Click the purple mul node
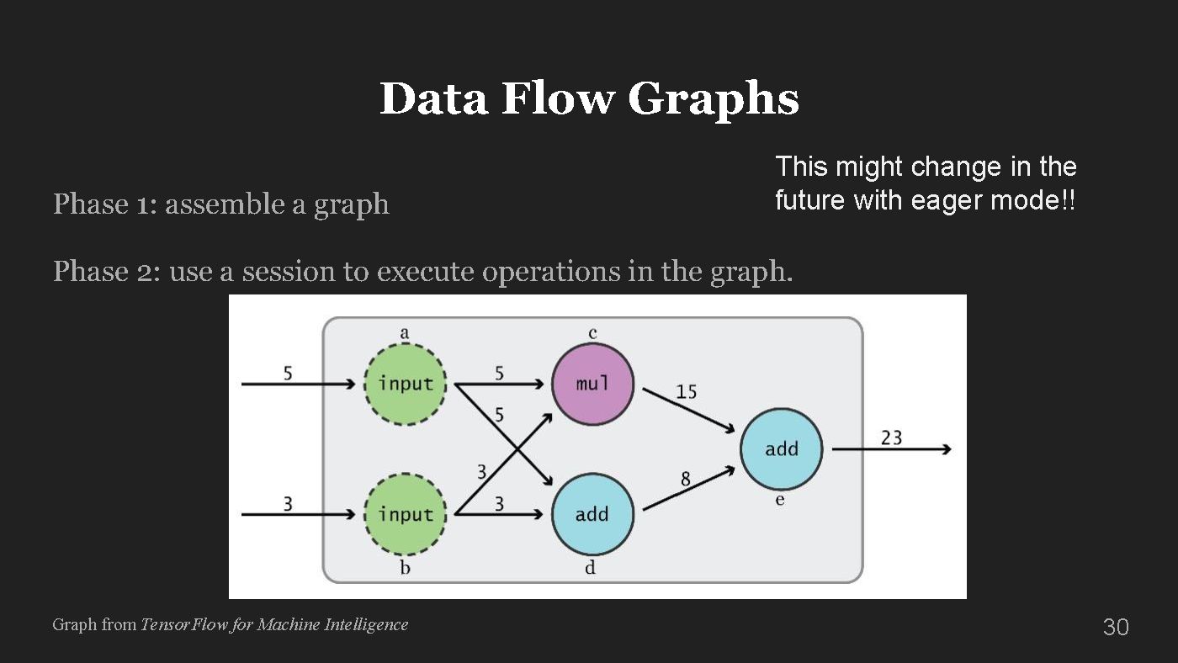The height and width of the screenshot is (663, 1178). tap(592, 385)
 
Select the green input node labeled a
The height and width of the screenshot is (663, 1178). tap(405, 385)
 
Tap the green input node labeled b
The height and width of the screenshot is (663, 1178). tap(405, 514)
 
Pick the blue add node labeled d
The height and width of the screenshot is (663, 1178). tap(592, 514)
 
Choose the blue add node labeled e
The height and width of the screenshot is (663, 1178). tap(781, 449)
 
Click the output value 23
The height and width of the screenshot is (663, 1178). tap(891, 438)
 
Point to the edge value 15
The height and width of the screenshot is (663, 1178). tap(686, 392)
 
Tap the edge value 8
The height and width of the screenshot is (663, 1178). tap(685, 480)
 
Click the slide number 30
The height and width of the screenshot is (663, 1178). tap(1115, 627)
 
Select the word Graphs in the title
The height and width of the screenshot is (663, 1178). tap(713, 99)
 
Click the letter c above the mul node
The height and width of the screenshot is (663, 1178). tap(592, 334)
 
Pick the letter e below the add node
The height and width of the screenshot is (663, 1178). tap(780, 501)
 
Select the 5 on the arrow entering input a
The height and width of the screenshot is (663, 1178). tap(288, 373)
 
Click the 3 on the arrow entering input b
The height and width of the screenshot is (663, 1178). tap(288, 503)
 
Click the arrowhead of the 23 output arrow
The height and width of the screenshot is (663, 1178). tap(946, 449)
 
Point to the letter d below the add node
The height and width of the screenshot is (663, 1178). tap(591, 568)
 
